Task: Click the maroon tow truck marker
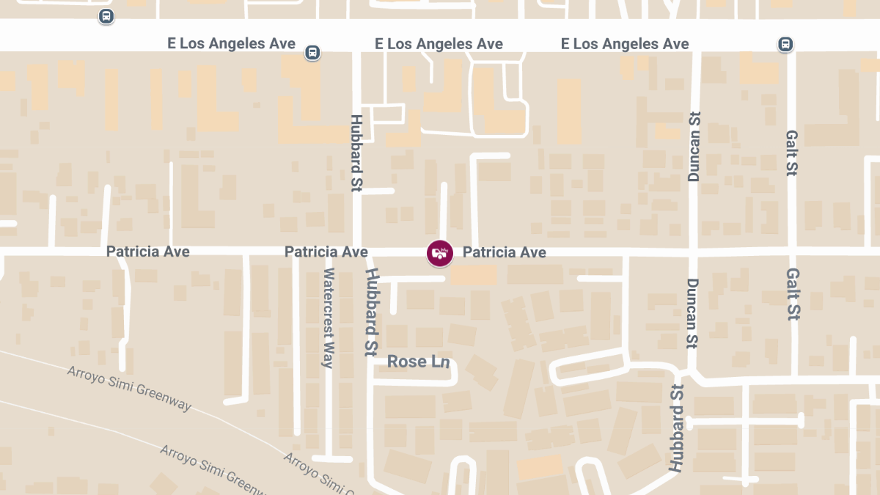(x=439, y=253)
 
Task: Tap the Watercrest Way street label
(x=329, y=318)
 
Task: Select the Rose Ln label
(x=418, y=362)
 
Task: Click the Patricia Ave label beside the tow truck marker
(x=505, y=252)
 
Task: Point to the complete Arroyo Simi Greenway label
(x=129, y=389)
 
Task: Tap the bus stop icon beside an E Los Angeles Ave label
(x=312, y=52)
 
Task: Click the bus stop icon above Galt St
(x=785, y=44)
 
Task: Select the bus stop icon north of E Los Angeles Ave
(x=106, y=15)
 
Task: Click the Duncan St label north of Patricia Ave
(x=694, y=147)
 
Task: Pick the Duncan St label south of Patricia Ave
(x=693, y=313)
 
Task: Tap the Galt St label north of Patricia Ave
(x=792, y=153)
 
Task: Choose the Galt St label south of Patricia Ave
(x=793, y=293)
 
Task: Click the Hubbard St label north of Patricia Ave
(x=357, y=153)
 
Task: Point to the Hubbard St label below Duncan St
(x=675, y=428)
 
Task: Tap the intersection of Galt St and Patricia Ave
(x=791, y=252)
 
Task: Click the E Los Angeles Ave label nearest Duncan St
(x=625, y=44)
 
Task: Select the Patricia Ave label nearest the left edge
(x=148, y=252)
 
